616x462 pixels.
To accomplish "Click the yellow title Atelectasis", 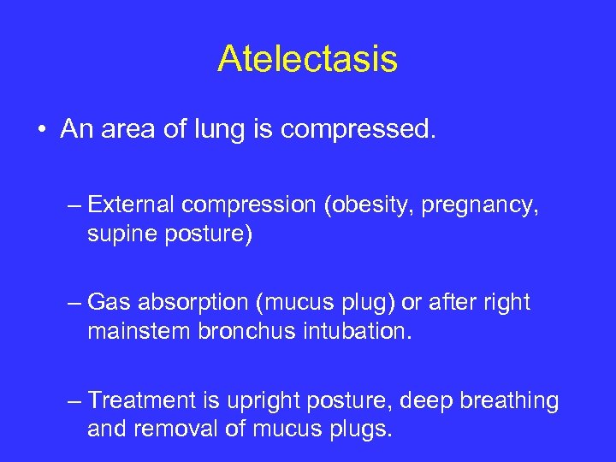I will (x=307, y=58).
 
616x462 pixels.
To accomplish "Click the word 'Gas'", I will (x=108, y=303).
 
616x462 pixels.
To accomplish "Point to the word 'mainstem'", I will (x=142, y=331).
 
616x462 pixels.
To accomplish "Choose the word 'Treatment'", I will (x=140, y=400).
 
